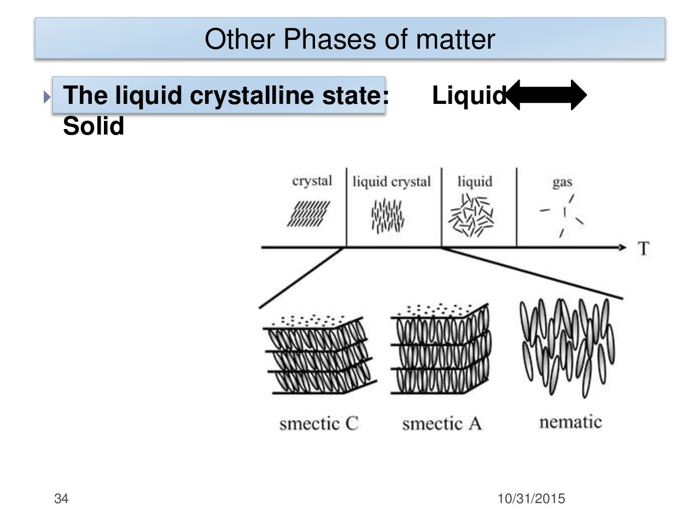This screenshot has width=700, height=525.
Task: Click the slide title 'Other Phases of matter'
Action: (349, 39)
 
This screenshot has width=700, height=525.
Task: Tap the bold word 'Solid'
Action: (94, 127)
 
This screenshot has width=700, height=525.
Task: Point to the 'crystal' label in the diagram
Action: (312, 181)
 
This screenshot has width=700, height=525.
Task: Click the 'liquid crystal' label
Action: (392, 182)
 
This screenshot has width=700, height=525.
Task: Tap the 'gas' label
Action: (562, 182)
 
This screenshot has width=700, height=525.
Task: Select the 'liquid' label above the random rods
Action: (475, 182)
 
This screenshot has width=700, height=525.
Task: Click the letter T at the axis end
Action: (644, 249)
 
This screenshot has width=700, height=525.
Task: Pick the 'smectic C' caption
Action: (319, 423)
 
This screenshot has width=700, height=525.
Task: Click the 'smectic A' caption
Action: (442, 423)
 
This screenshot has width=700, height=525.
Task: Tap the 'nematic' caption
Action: (570, 422)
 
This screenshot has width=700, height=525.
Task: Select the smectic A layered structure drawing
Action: (441, 350)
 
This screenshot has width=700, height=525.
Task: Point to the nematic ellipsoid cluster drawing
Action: (567, 345)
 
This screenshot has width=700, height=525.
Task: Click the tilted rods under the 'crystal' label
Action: (309, 214)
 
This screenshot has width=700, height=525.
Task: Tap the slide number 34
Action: (62, 499)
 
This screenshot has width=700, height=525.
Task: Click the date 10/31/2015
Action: (531, 499)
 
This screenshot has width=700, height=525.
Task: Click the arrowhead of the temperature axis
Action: (622, 248)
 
